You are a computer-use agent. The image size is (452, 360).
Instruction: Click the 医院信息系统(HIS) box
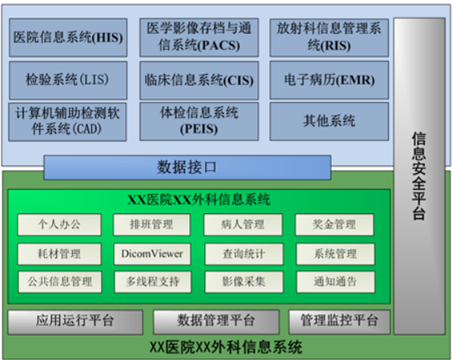pos(68,38)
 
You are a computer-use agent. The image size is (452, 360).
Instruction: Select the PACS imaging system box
pos(199,38)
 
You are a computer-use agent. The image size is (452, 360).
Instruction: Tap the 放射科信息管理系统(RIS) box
pos(329,38)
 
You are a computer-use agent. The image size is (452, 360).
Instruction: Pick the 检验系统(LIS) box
pos(68,80)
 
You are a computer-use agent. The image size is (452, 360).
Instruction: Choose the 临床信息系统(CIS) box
pos(199,80)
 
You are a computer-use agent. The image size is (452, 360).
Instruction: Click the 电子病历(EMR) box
pos(329,80)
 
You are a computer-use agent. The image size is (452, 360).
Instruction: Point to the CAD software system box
pos(67,122)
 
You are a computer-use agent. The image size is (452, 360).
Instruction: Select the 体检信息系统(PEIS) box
pos(199,121)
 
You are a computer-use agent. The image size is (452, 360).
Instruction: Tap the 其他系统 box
pos(329,121)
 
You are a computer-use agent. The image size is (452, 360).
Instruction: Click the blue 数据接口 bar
pos(188,168)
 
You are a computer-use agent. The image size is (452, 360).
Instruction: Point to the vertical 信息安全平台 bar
pos(419,176)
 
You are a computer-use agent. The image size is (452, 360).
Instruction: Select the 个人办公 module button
pos(59,224)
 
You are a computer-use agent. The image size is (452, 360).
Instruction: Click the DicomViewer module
pos(152,254)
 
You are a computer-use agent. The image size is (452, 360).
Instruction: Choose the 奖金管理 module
pos(334,224)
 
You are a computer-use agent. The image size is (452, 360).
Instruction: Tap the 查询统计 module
pos(244,254)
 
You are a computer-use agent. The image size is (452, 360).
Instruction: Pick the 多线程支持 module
pos(153,282)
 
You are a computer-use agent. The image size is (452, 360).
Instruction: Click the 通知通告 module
pos(336,282)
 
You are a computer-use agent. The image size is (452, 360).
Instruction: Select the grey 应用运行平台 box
pos(75,322)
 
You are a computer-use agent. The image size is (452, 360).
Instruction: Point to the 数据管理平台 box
pos(216,322)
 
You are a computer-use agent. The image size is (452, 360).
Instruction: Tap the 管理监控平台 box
pos(339,322)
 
